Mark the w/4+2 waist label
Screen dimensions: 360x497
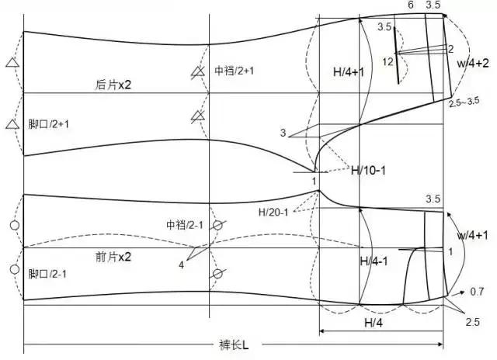pyautogui.click(x=472, y=63)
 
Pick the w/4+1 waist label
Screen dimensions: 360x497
pyautogui.click(x=472, y=234)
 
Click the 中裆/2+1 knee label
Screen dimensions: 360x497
pyautogui.click(x=236, y=70)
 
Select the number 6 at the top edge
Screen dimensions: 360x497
pyautogui.click(x=410, y=6)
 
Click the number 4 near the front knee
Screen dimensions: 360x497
pyautogui.click(x=181, y=265)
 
